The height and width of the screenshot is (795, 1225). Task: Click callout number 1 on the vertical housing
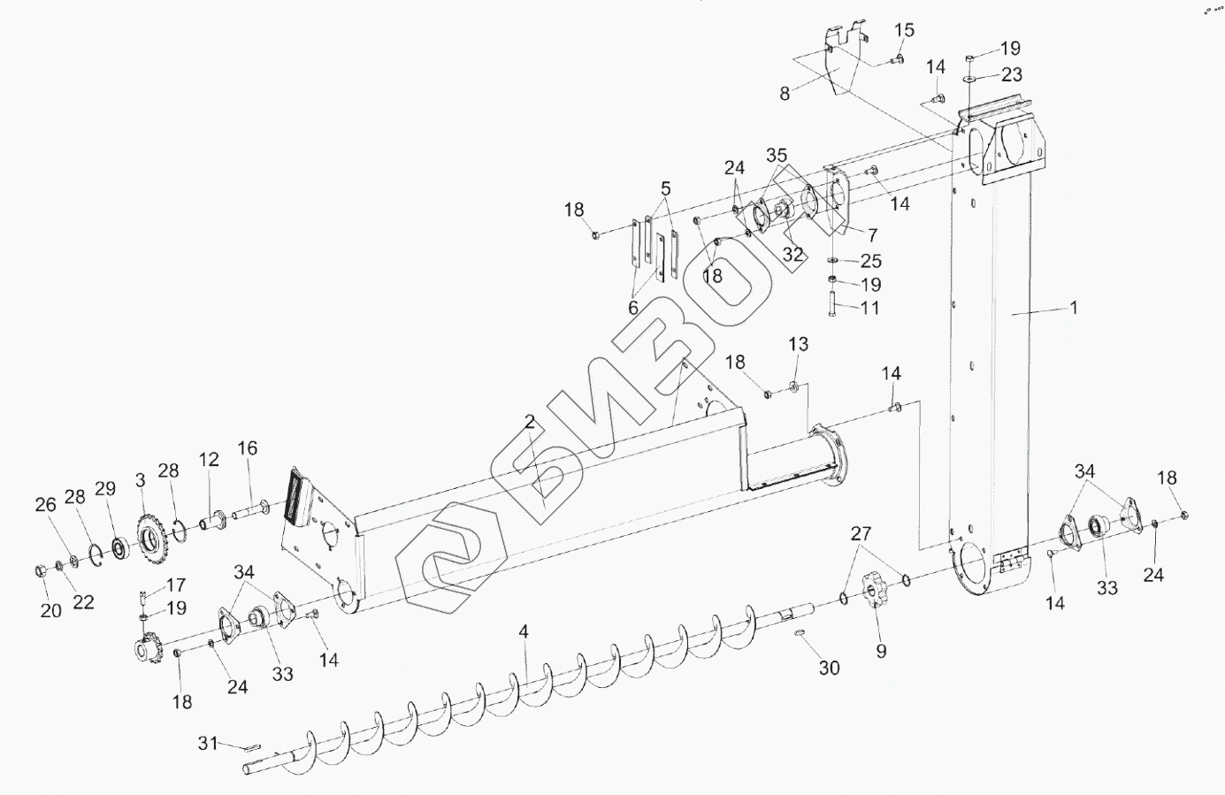click(1073, 308)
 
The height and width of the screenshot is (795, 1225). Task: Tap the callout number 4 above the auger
click(524, 632)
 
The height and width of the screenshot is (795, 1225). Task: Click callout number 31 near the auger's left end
click(207, 745)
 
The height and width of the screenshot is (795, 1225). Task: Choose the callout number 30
click(829, 668)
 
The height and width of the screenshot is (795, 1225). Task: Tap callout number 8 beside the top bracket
click(785, 92)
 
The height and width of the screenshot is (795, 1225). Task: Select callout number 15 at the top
click(904, 31)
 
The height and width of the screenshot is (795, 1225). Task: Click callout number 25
click(871, 261)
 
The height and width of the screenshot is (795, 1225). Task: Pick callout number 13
click(799, 343)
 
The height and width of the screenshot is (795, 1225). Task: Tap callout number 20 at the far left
click(51, 610)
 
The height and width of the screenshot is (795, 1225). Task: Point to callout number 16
click(248, 448)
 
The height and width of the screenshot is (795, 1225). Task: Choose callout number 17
click(176, 585)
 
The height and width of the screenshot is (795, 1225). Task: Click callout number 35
click(777, 156)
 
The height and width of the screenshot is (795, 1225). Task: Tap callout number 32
click(793, 255)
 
